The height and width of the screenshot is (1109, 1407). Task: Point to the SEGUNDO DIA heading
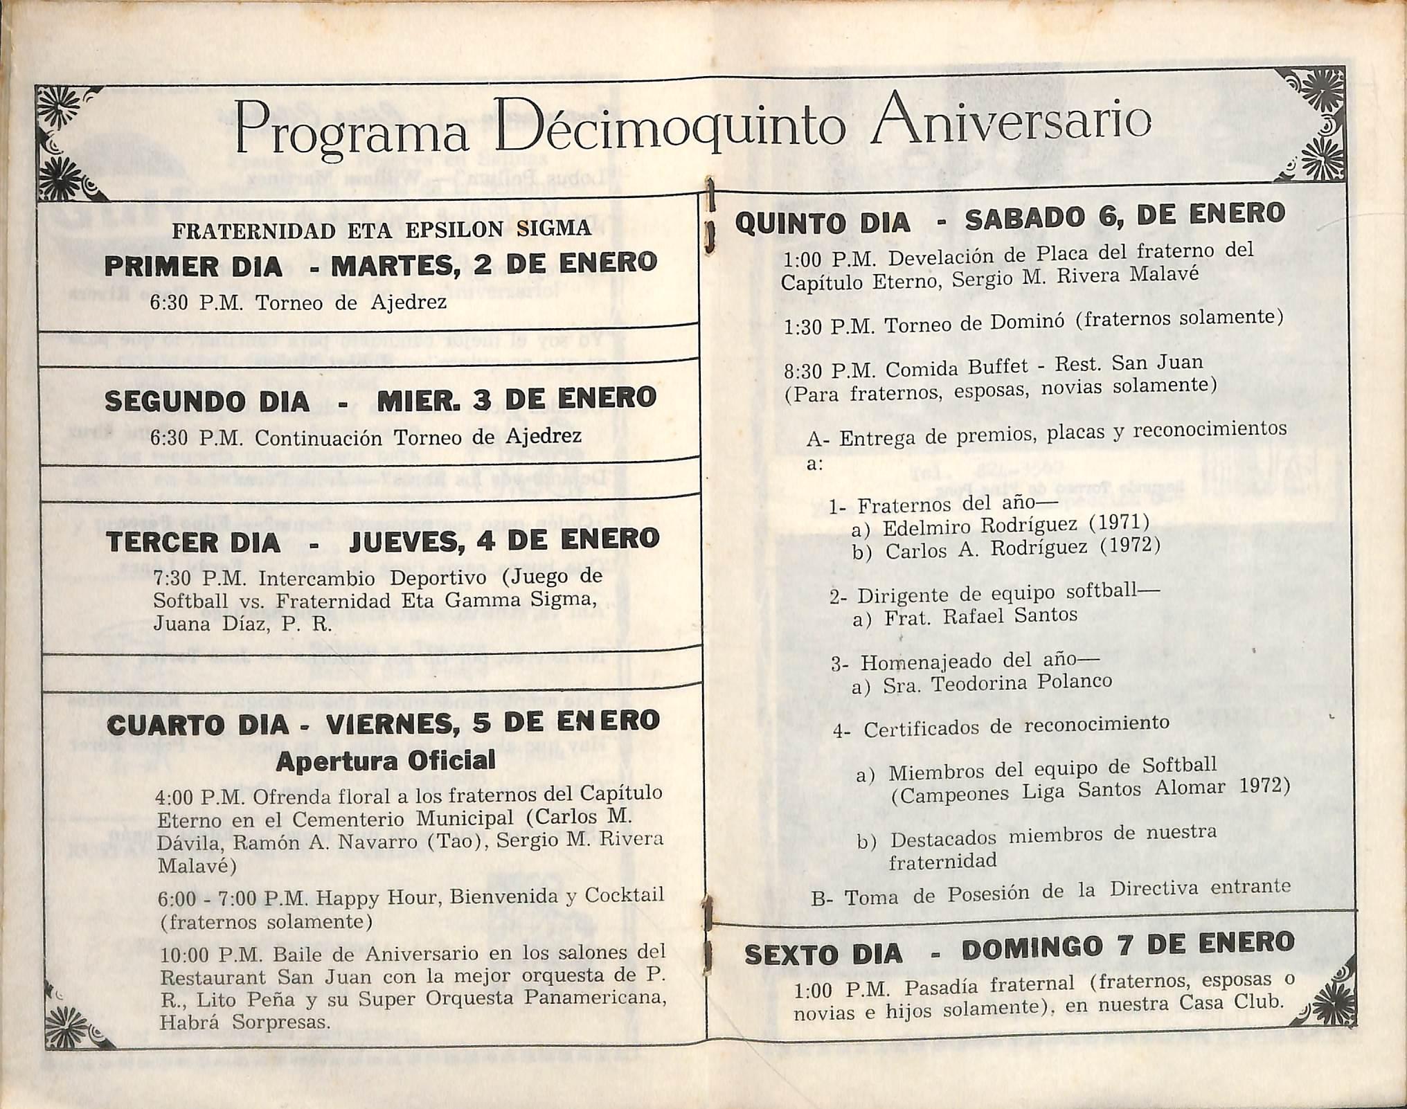[x=207, y=402]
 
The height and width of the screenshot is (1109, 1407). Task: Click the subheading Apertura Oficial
[x=386, y=761]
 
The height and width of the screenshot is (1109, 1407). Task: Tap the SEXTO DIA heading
[x=823, y=955]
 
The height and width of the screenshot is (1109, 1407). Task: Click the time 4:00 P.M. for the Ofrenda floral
[x=201, y=797]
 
